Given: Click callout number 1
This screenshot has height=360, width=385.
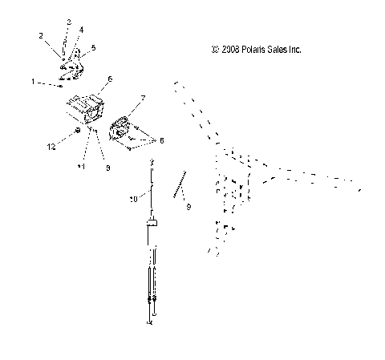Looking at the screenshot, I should point(33,82).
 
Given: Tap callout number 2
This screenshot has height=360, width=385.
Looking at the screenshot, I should point(41,36).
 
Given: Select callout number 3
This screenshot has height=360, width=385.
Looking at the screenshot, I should point(68,22).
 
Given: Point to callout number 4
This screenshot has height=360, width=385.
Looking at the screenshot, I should point(82,30).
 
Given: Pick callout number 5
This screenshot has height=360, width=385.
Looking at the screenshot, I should point(94,48).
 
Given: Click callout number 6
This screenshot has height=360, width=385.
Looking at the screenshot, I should point(110,79).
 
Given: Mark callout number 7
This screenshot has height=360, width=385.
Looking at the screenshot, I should point(143,98).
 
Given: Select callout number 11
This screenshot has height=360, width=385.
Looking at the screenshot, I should point(80,166).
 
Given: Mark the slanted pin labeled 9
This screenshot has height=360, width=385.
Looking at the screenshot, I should point(178,184).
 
